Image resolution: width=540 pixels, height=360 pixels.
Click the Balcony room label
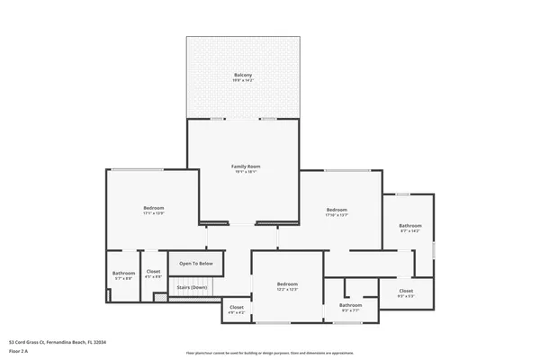tap(243, 75)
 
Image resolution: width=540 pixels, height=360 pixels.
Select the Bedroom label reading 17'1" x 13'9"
tap(153, 208)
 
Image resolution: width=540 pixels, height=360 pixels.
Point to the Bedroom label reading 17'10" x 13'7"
tap(337, 210)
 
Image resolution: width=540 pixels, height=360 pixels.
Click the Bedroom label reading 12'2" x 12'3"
tap(287, 283)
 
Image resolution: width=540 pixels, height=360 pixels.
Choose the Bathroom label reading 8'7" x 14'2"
tap(410, 226)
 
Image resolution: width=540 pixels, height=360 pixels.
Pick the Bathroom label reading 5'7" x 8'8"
tap(123, 273)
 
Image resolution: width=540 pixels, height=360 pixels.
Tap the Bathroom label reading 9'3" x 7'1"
tap(350, 305)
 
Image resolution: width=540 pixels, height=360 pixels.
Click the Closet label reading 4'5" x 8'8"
tap(154, 272)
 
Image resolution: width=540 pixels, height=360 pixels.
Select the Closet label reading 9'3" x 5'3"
tap(406, 291)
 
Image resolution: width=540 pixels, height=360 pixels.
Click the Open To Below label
tap(195, 264)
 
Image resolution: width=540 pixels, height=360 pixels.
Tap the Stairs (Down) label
tap(192, 287)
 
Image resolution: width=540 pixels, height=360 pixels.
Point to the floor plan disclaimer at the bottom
tap(270, 353)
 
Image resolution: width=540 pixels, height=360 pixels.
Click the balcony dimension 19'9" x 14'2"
tap(243, 81)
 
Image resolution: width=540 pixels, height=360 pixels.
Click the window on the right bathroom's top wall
tap(403, 193)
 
